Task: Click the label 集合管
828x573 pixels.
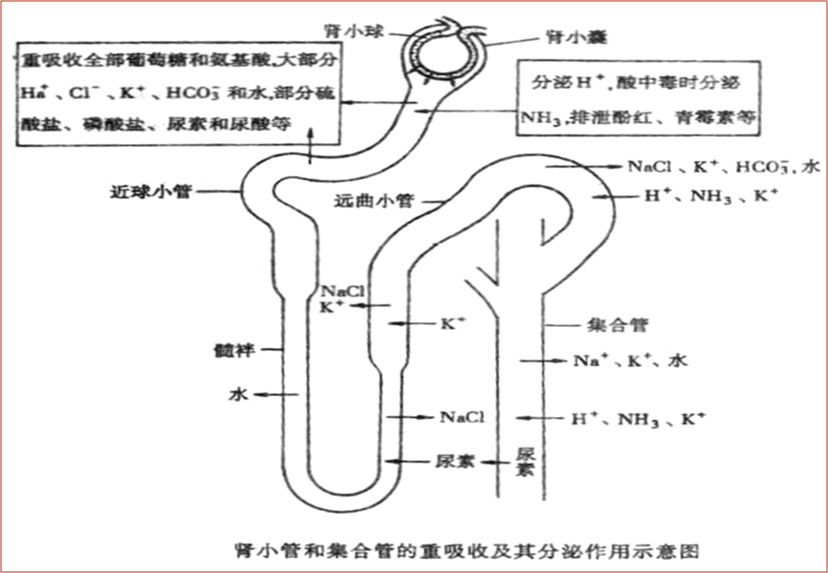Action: pyautogui.click(x=618, y=326)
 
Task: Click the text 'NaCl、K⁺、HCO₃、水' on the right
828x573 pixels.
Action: pyautogui.click(x=723, y=167)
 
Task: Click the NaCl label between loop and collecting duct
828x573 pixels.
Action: pyautogui.click(x=462, y=418)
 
